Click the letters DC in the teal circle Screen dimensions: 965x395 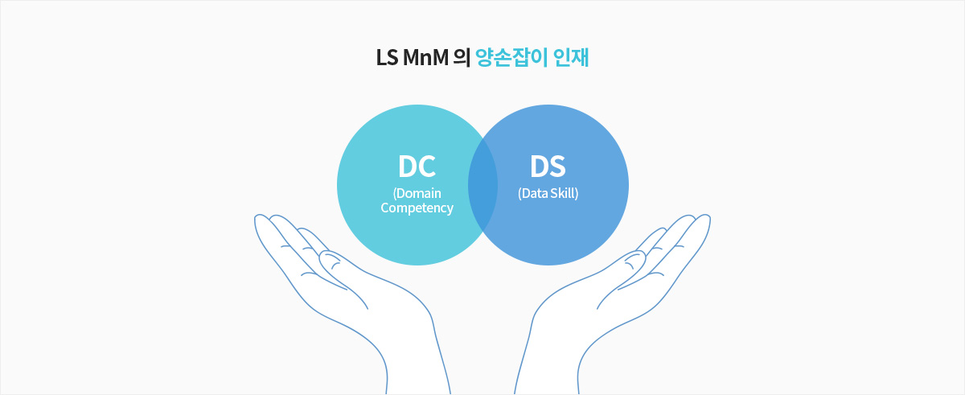tap(417, 167)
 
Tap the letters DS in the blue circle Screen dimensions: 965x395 tap(548, 167)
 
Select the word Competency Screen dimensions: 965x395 tap(417, 208)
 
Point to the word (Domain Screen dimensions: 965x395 tap(417, 193)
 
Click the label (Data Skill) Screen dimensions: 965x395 tap(548, 193)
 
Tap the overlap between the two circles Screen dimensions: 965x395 tap(482, 185)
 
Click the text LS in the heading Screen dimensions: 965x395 tap(387, 58)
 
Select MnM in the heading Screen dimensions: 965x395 tap(425, 58)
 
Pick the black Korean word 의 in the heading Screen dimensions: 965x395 tap(462, 58)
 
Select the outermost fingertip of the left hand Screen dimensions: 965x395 tap(258, 216)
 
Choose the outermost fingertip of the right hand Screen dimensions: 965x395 tap(707, 216)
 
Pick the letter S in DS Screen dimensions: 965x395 tap(557, 167)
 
